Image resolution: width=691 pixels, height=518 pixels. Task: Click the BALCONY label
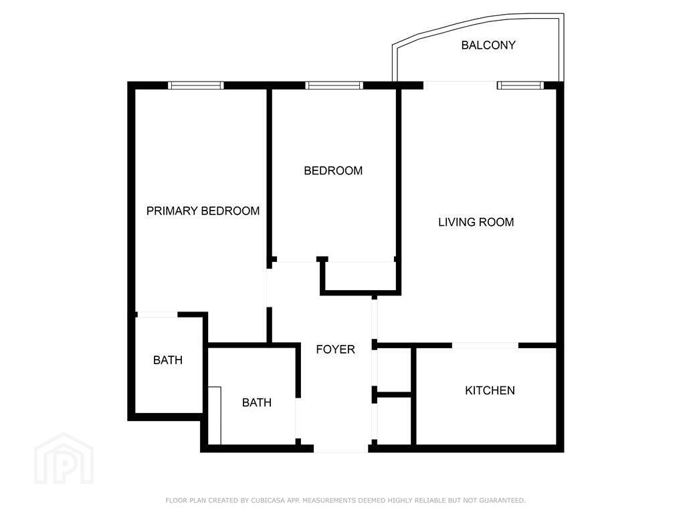[x=488, y=45]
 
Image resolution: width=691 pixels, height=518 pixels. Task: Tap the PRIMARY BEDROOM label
[x=203, y=211]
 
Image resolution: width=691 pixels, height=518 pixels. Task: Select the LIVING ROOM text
[x=476, y=222]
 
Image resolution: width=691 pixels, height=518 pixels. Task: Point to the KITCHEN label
[x=490, y=390]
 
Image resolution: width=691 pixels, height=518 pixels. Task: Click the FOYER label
[x=335, y=350]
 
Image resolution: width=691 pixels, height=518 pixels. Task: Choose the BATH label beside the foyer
[x=257, y=402]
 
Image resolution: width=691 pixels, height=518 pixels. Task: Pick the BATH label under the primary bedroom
[x=168, y=360]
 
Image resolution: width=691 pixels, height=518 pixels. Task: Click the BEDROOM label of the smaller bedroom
[x=333, y=170]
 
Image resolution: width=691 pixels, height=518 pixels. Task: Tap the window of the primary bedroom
[x=196, y=86]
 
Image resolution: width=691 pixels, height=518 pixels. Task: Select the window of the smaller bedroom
[x=334, y=86]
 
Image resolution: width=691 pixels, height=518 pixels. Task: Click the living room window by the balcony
[x=520, y=86]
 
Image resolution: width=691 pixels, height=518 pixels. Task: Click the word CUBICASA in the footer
[x=270, y=501]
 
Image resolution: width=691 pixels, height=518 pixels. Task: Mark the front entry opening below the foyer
[x=341, y=449]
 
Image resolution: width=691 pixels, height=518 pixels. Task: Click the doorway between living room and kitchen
[x=485, y=346]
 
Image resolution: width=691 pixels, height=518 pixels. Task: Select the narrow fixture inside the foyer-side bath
[x=214, y=415]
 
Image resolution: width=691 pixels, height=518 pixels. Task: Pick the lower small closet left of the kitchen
[x=394, y=420]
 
